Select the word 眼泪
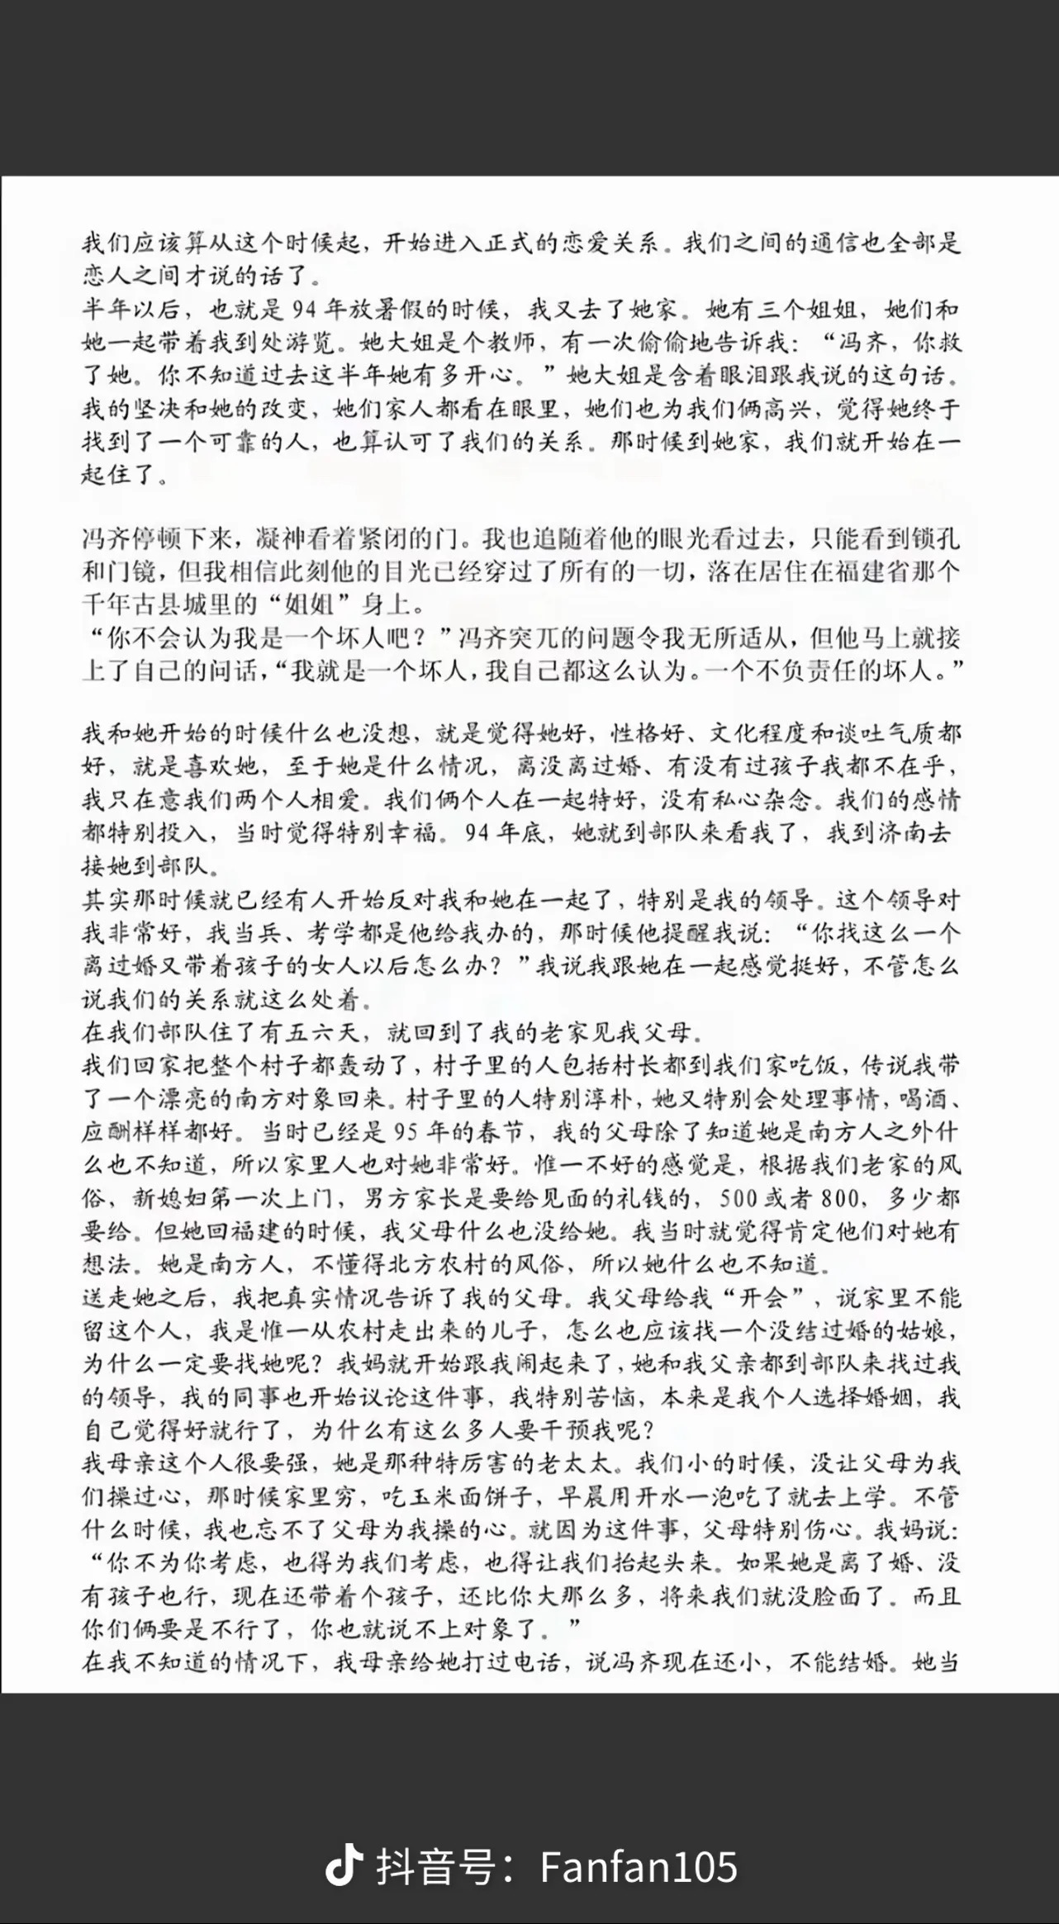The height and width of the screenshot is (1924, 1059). pos(750,376)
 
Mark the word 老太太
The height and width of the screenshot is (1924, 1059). pos(581,1463)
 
